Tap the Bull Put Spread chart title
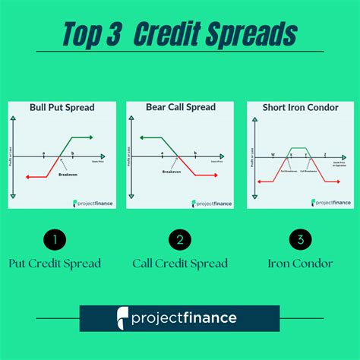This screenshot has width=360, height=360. click(62, 108)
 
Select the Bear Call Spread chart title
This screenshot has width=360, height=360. click(181, 108)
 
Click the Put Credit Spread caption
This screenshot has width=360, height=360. click(55, 264)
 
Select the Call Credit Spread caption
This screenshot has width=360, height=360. click(180, 264)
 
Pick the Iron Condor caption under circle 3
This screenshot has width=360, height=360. click(302, 264)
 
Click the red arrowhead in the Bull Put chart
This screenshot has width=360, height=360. click(28, 177)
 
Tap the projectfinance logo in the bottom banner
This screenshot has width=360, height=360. click(180, 317)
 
